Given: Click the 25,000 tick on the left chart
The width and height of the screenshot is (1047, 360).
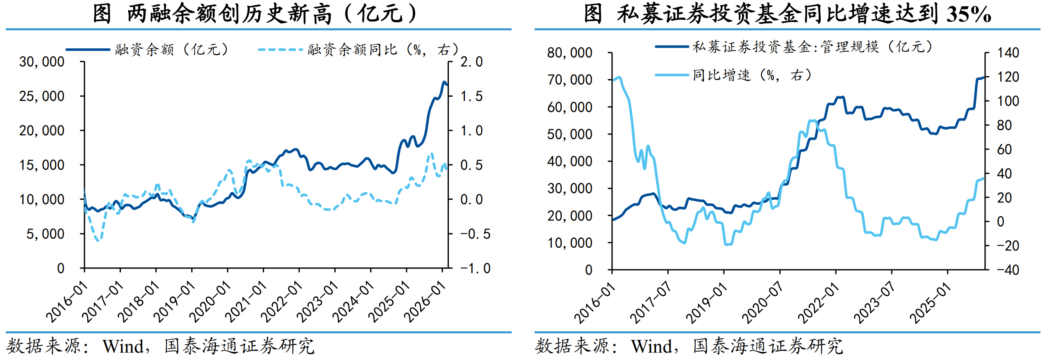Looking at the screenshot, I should pyautogui.click(x=42, y=96).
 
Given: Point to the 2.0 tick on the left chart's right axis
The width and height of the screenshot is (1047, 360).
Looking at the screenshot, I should pyautogui.click(x=471, y=62).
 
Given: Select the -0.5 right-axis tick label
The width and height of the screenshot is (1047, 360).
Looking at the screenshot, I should pyautogui.click(x=475, y=234).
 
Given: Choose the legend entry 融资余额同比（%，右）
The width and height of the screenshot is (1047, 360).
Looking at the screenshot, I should pyautogui.click(x=383, y=50).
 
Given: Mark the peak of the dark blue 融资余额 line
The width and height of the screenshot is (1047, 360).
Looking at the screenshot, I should pyautogui.click(x=444, y=82).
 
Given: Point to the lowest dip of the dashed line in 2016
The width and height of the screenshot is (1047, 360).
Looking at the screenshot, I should pyautogui.click(x=98, y=240).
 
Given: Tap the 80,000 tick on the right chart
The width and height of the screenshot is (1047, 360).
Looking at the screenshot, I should pyautogui.click(x=570, y=53).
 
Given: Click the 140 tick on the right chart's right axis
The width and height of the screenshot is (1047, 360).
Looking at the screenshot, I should pyautogui.click(x=1008, y=53).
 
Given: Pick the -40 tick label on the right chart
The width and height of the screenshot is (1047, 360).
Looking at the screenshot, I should pyautogui.click(x=1008, y=270).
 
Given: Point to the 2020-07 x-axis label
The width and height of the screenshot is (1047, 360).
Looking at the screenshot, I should pyautogui.click(x=762, y=303).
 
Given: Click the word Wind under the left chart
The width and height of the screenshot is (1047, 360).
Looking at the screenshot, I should pyautogui.click(x=123, y=346).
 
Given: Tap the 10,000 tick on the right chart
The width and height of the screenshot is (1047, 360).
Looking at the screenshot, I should pyautogui.click(x=570, y=243).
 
